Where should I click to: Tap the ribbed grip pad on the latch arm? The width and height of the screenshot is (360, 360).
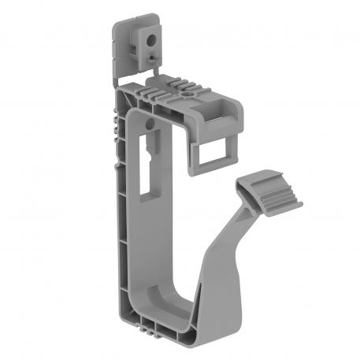point(273,196)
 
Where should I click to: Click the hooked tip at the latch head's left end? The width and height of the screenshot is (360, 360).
point(241,188)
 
